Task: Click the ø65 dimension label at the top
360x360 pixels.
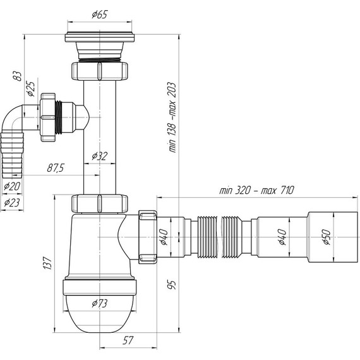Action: tap(100, 15)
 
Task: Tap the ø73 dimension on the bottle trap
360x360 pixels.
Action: tap(100, 304)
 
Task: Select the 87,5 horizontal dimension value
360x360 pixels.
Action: tap(56, 168)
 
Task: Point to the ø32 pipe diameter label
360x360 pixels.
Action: tap(100, 156)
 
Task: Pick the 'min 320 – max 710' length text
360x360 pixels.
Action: tap(256, 190)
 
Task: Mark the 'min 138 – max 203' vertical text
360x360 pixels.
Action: tap(172, 117)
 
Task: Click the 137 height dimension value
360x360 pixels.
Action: tap(47, 263)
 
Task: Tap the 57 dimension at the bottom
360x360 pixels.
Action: tap(128, 340)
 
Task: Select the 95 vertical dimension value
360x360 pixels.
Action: tap(172, 285)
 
